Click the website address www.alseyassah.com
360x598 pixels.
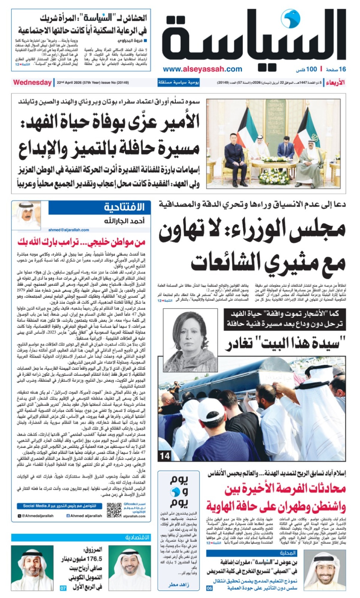pyautogui.click(x=202, y=69)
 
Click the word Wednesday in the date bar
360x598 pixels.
pyautogui.click(x=32, y=83)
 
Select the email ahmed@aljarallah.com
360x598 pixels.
pyautogui.click(x=69, y=230)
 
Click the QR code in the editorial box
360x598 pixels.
pyautogui.click(x=114, y=510)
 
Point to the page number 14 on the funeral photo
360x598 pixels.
pyautogui.click(x=165, y=456)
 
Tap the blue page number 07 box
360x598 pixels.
pyautogui.click(x=63, y=588)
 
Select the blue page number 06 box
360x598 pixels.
pyautogui.click(x=209, y=588)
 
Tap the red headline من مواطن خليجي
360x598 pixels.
pyautogui.click(x=81, y=242)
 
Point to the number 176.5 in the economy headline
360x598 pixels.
pyautogui.click(x=94, y=559)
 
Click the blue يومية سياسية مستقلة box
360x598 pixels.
pyautogui.click(x=178, y=83)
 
